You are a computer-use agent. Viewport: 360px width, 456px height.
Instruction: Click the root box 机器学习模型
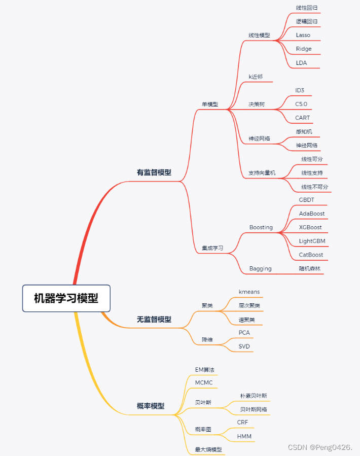[66, 298]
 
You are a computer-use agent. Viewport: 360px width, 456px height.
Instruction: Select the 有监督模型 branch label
[154, 172]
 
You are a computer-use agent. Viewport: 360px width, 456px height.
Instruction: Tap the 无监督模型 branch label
[154, 320]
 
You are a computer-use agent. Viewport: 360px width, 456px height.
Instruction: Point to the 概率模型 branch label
[151, 406]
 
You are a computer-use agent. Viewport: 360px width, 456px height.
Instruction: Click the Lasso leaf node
[303, 35]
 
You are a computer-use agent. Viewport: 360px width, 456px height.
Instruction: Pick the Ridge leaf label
[304, 49]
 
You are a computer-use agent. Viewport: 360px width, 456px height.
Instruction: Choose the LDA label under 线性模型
[301, 63]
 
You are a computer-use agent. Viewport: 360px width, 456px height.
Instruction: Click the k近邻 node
[256, 77]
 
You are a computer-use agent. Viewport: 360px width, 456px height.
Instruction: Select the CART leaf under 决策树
[302, 118]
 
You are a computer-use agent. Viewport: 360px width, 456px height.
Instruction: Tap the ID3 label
[300, 90]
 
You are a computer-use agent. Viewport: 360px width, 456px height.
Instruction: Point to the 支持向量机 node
[262, 173]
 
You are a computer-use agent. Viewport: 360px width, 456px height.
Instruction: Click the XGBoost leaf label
[310, 227]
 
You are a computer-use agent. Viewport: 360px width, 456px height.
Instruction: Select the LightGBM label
[312, 241]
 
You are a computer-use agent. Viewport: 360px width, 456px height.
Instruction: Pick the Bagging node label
[260, 269]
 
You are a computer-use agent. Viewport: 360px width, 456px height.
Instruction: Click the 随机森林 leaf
[309, 269]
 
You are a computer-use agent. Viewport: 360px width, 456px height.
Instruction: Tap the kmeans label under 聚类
[249, 292]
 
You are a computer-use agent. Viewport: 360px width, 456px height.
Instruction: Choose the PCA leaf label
[244, 333]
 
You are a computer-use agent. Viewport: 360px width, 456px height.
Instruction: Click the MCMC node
[204, 383]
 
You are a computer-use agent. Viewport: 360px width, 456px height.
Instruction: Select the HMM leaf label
[244, 437]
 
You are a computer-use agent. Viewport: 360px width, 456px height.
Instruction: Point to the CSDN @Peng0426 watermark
[320, 447]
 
